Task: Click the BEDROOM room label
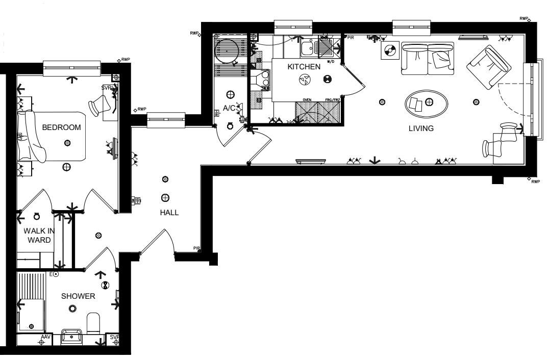click(61, 127)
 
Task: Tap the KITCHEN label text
click(304, 67)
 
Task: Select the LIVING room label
click(421, 128)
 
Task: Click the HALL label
click(169, 213)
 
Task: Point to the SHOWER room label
click(78, 296)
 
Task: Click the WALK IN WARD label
click(38, 236)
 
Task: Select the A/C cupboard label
click(228, 108)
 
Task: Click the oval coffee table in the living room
click(427, 104)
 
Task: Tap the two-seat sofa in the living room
click(427, 58)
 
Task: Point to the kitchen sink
click(307, 48)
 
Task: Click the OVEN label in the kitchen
click(307, 100)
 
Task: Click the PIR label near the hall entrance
click(197, 248)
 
